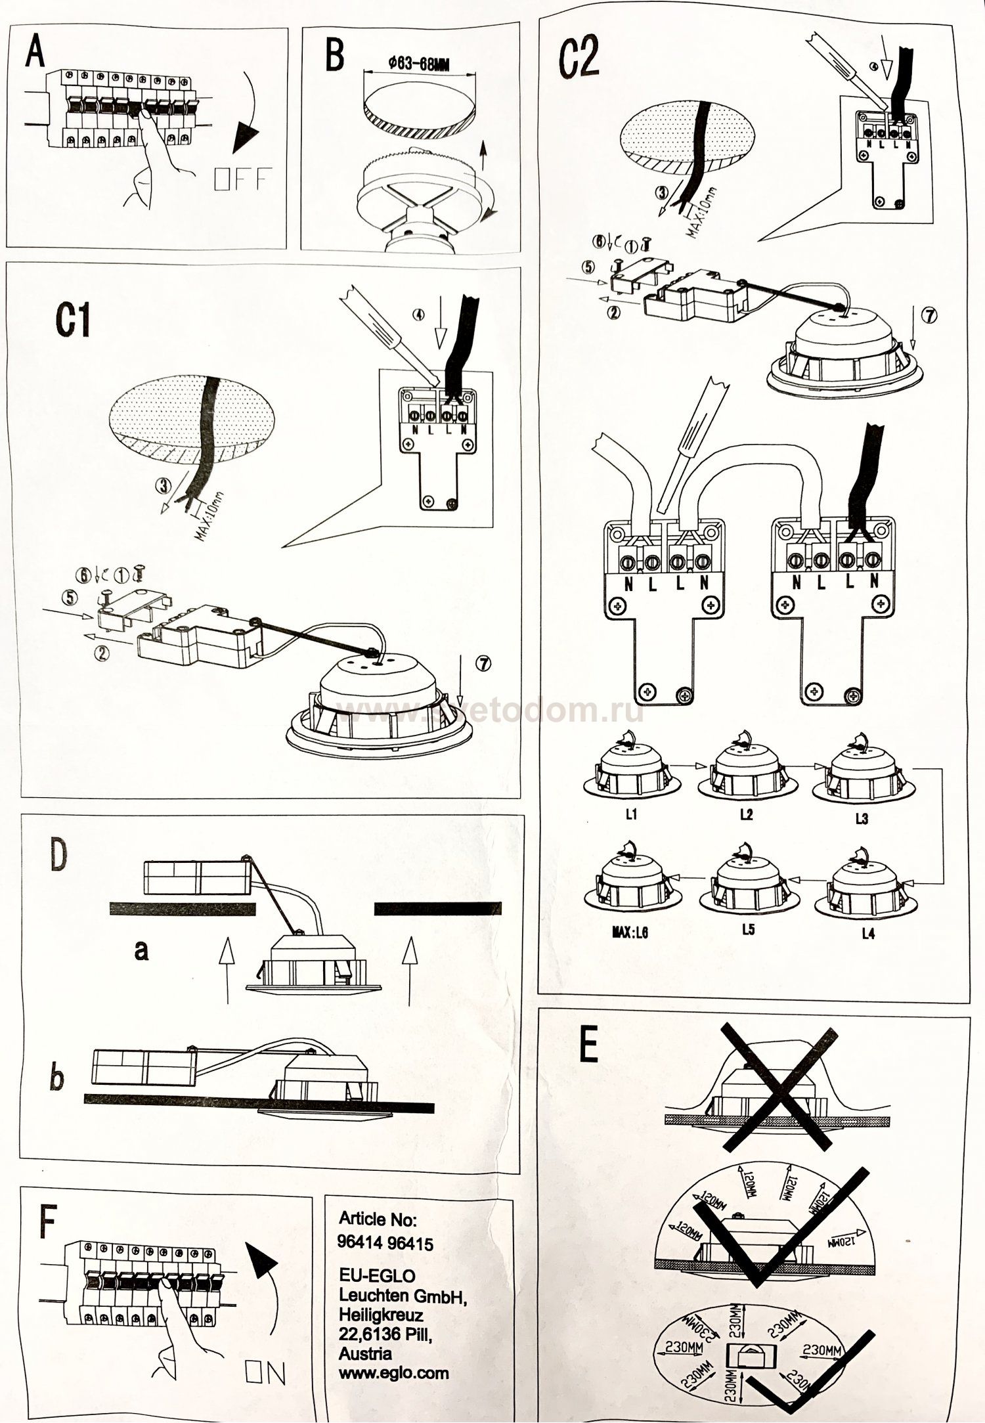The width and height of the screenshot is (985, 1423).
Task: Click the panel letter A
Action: [34, 52]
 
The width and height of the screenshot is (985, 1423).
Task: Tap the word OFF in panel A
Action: [242, 179]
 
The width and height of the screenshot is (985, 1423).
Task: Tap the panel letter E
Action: [589, 1050]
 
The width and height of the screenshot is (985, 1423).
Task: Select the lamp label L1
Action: [631, 815]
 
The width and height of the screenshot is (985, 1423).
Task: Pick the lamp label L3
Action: [862, 818]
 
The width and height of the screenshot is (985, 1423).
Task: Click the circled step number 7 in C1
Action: [483, 664]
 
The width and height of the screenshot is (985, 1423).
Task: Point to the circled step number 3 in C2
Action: [663, 192]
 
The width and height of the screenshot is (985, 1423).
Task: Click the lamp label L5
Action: [748, 930]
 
